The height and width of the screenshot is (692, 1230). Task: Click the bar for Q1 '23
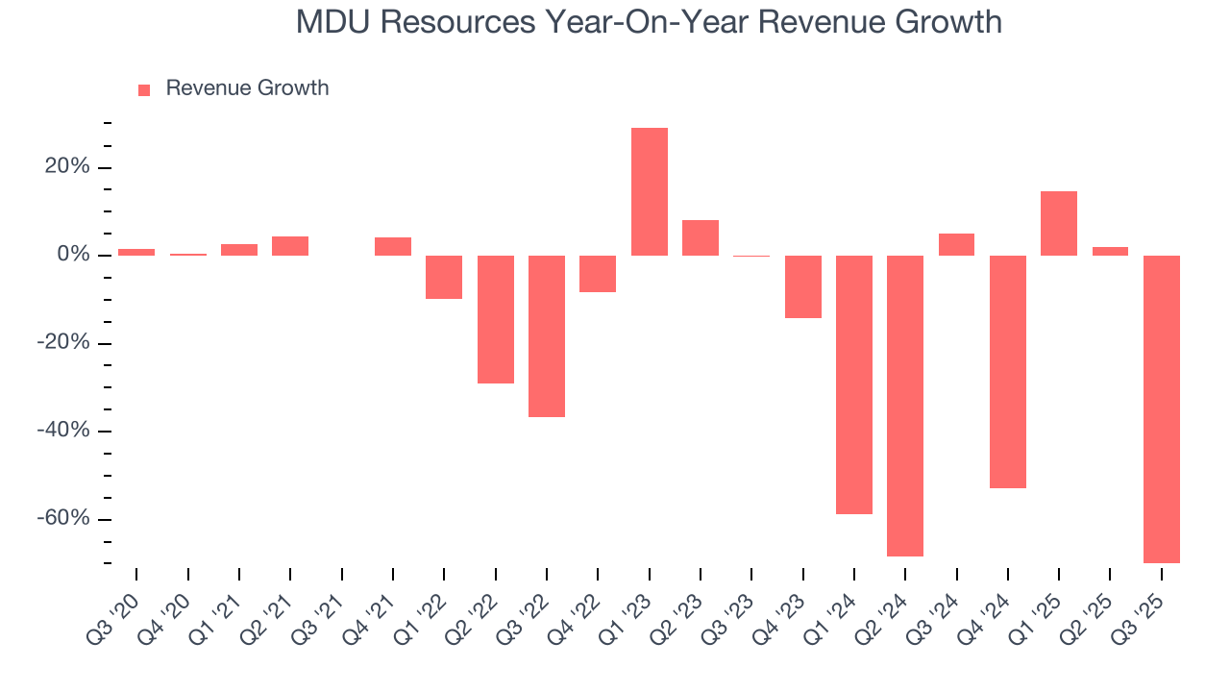coord(650,191)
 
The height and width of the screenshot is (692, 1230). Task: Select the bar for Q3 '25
coord(1162,408)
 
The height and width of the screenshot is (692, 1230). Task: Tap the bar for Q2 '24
coord(905,405)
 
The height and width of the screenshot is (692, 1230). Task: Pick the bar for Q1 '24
coord(854,384)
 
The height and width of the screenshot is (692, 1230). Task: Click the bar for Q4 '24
coord(1008,371)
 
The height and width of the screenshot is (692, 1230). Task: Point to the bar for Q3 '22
coord(547,335)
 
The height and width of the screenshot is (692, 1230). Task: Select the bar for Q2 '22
coord(496,319)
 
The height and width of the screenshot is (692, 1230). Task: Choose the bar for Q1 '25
coord(1059,223)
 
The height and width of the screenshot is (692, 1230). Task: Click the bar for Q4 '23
coord(803,286)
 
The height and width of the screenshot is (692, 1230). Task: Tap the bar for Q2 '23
coord(701,237)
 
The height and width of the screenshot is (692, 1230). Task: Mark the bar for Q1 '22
coord(444,277)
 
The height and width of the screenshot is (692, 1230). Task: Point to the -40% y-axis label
coord(63,431)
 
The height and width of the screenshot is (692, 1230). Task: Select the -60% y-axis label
coord(63,519)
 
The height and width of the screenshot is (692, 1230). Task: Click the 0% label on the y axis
coord(73,256)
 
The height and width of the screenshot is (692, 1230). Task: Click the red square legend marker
coord(144,89)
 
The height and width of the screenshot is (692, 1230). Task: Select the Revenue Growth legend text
coord(247,88)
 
